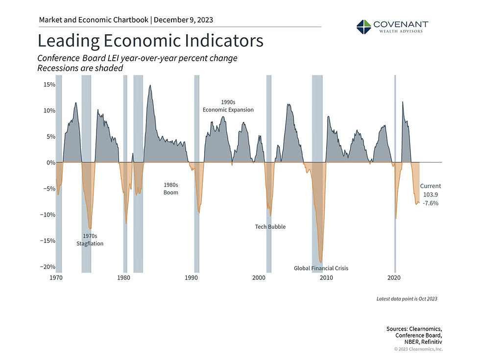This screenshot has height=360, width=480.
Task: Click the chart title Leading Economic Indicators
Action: (151, 41)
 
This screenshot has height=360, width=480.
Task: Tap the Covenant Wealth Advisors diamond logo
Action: (364, 27)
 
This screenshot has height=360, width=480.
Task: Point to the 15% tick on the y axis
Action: (49, 85)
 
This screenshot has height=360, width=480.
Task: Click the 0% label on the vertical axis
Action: (50, 163)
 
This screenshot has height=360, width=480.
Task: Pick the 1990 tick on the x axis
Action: (191, 278)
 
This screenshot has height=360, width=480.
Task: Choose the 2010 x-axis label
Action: (326, 278)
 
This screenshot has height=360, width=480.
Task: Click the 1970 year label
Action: (56, 278)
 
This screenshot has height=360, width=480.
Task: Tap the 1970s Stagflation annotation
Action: (90, 240)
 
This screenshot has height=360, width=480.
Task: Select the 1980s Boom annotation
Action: (170, 189)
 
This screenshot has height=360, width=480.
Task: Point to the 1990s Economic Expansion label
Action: (228, 106)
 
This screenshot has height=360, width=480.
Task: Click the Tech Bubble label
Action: (270, 227)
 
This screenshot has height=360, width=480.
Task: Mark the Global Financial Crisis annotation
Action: (321, 268)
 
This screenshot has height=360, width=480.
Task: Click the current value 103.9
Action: (431, 194)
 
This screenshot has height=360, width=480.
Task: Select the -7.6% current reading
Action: (431, 203)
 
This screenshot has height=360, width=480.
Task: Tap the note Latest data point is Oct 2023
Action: (407, 298)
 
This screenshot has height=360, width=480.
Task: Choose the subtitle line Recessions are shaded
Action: (80, 69)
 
